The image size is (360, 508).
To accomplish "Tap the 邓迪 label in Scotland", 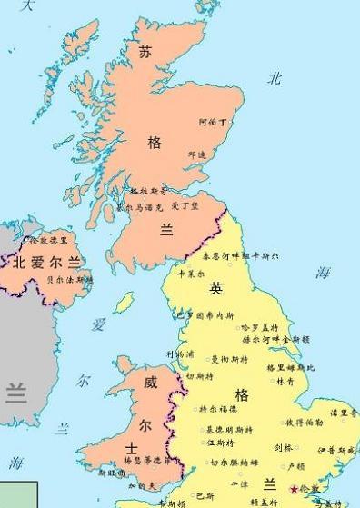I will [x=197, y=154].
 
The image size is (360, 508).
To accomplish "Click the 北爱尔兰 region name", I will [x=46, y=263].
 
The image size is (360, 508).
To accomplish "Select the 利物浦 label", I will [x=179, y=353].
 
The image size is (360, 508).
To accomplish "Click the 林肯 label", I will [x=285, y=382].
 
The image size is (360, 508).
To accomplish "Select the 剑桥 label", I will [x=283, y=447].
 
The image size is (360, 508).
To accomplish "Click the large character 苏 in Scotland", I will [x=145, y=53].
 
